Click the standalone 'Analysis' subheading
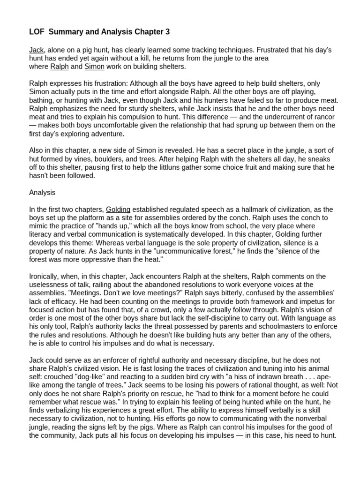(42, 192)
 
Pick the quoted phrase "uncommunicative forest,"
(180, 251)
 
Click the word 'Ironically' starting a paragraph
(46, 277)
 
